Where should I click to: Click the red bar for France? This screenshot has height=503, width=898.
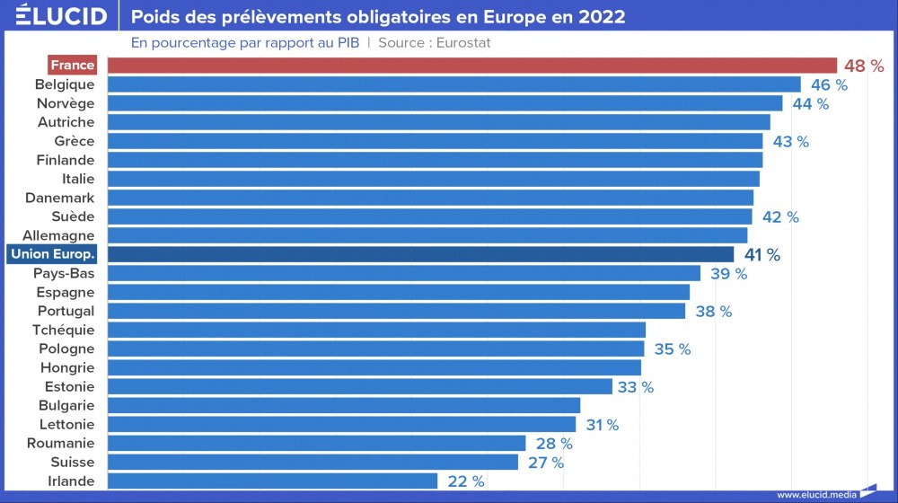coord(471,66)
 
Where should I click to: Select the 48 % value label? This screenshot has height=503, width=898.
coord(864,66)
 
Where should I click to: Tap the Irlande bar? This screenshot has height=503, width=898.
coord(272,481)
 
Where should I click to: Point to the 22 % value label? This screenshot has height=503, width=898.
coord(465,481)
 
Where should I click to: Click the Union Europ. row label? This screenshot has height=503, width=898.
coord(53,255)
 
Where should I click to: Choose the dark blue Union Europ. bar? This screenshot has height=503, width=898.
coord(420,255)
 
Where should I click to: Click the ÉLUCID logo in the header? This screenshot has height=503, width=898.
coord(55,17)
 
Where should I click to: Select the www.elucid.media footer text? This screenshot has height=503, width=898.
coord(815,494)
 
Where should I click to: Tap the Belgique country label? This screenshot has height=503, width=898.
coord(65,84)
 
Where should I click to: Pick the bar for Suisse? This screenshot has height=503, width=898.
coord(313,463)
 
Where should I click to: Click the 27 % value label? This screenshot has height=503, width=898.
coord(545,463)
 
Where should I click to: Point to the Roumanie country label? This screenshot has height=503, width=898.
coord(60,444)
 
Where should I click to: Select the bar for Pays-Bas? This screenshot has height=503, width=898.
coord(403,274)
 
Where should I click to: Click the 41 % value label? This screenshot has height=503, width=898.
coord(762,255)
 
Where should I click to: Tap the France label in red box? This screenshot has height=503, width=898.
coord(72,66)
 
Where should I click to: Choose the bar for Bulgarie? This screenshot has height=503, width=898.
coord(344,406)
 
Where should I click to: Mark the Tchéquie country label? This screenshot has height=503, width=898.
coord(63,331)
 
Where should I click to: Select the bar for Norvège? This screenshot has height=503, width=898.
coord(445,103)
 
